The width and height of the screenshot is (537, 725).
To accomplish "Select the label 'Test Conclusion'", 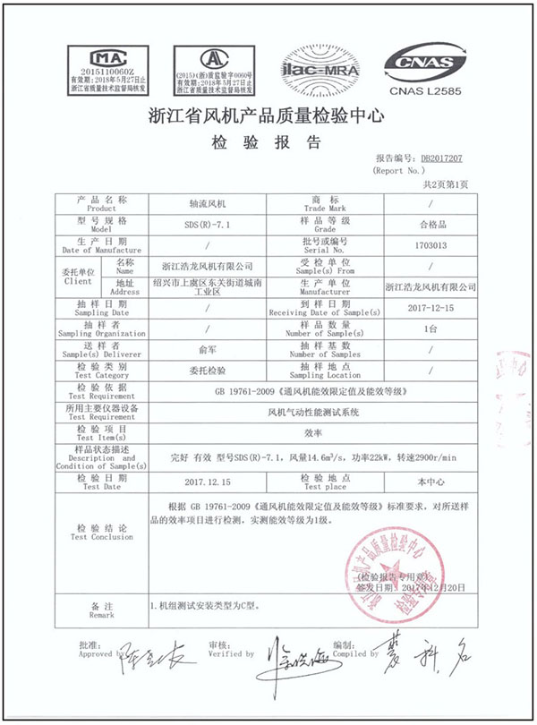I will pos(99,539).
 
